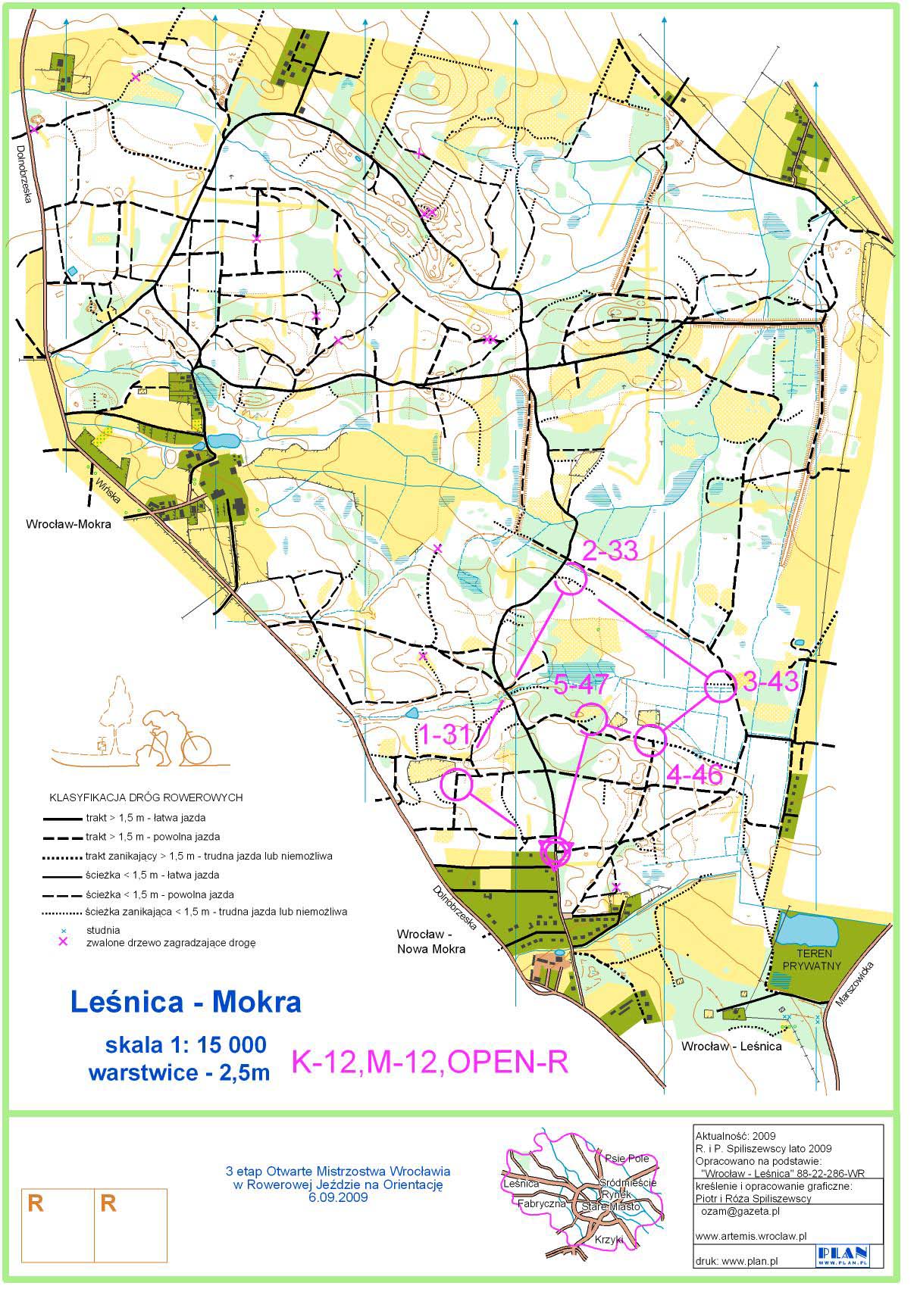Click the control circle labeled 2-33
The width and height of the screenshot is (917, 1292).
[571, 582]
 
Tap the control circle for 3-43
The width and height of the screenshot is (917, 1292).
[720, 686]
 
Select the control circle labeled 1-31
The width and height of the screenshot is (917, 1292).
[456, 785]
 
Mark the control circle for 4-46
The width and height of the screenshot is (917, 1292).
[649, 740]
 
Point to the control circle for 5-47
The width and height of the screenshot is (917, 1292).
[591, 717]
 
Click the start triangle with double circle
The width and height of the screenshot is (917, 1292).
[556, 852]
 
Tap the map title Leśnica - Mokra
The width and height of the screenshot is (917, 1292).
[186, 1002]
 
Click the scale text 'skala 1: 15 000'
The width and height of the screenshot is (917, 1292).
[186, 1045]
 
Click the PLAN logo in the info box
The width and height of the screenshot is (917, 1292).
[841, 1258]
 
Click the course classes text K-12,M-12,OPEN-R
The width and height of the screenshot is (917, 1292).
[430, 1063]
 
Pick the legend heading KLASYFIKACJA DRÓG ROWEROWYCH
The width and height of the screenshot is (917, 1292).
[146, 797]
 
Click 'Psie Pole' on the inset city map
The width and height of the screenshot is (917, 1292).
[627, 1158]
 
